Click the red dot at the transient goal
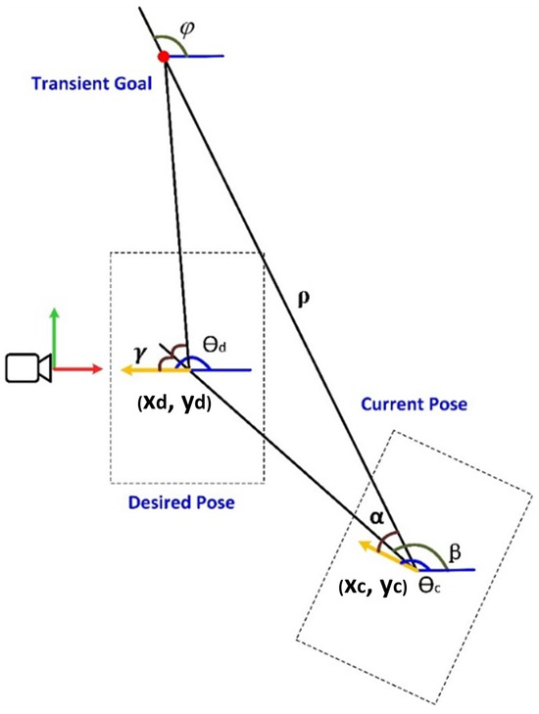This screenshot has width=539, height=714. click(x=164, y=57)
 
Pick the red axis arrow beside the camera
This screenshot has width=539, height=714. click(x=78, y=369)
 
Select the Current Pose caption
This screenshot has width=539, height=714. click(x=415, y=404)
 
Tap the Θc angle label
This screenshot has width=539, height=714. click(x=424, y=584)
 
